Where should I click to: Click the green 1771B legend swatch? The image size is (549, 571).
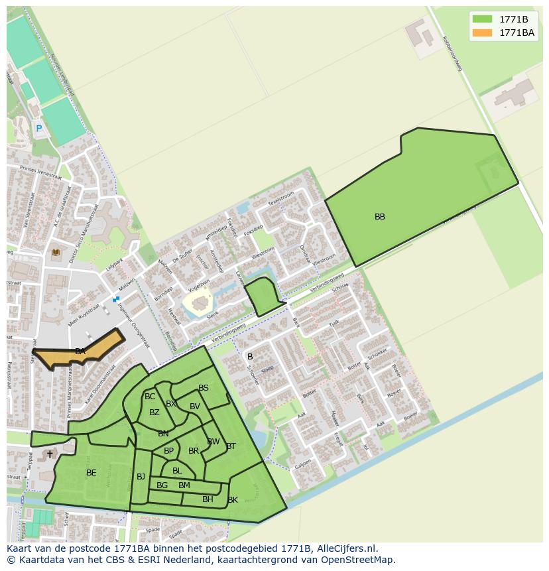(x=483, y=19)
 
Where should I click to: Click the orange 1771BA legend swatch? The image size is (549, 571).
(x=483, y=32)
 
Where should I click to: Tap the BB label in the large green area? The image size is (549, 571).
(x=380, y=217)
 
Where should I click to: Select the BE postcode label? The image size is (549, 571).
(x=91, y=473)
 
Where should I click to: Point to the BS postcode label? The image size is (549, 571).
(x=204, y=388)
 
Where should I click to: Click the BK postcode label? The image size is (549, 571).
(x=233, y=500)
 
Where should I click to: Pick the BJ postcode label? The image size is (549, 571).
(x=141, y=476)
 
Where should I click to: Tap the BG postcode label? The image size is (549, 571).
(x=162, y=485)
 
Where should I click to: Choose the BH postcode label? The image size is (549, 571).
(x=208, y=499)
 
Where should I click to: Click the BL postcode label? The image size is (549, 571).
(x=177, y=471)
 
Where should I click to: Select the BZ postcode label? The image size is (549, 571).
(x=154, y=412)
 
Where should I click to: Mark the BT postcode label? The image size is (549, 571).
(x=231, y=446)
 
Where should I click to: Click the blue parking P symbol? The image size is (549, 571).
(x=38, y=129)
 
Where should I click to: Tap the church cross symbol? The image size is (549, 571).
(x=50, y=454)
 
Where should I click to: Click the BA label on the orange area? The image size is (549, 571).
(x=80, y=351)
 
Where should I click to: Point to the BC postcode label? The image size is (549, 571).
(x=150, y=397)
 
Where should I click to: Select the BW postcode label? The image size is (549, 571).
(x=213, y=442)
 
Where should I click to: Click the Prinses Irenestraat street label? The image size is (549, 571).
(x=41, y=175)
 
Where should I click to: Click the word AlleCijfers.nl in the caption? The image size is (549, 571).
(x=345, y=548)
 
